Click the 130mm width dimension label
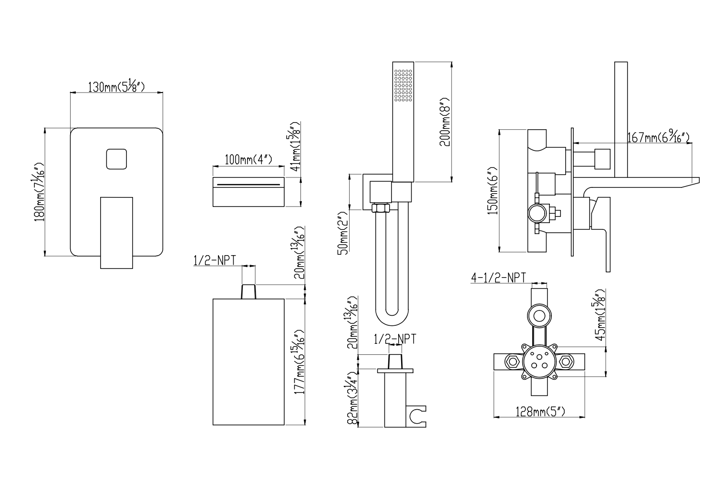coord(116,86)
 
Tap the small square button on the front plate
coord(116,159)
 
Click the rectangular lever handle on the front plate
coord(116,232)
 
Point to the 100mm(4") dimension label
coord(248,160)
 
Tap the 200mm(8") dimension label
coord(445,122)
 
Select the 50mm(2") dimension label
coord(343,236)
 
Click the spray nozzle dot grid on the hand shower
coord(403,85)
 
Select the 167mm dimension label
coord(658,137)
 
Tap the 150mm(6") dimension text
coord(493,191)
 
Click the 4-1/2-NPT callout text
coord(498,277)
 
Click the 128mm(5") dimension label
coord(540,411)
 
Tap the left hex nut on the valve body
coord(513,362)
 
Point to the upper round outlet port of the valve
coord(539,316)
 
